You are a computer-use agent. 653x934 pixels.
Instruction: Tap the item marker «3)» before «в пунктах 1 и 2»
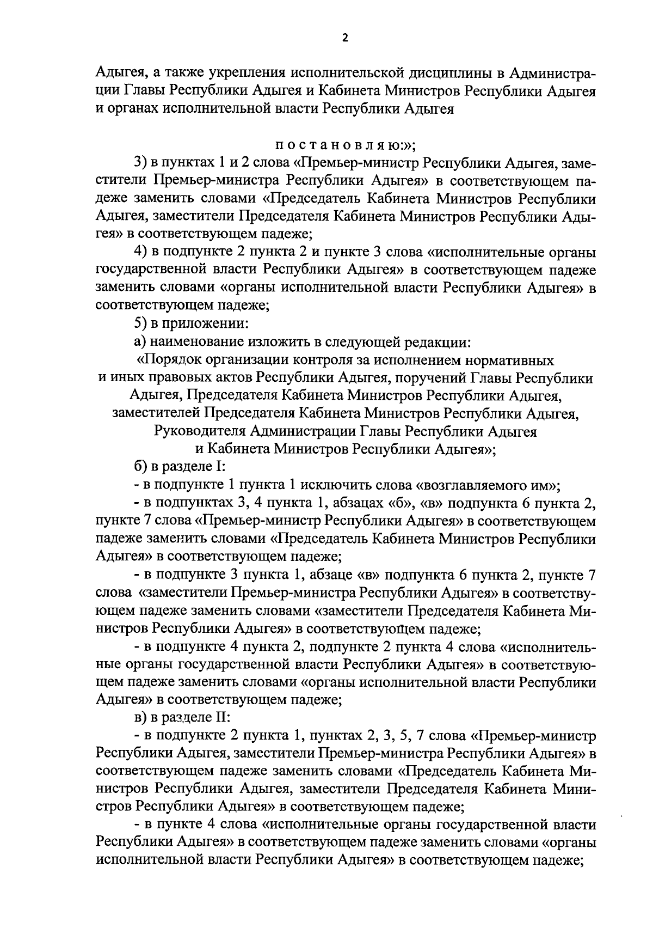[140, 163]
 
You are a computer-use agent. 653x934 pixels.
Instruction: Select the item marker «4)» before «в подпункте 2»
[140, 253]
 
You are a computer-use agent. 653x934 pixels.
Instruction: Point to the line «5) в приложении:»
[192, 324]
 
